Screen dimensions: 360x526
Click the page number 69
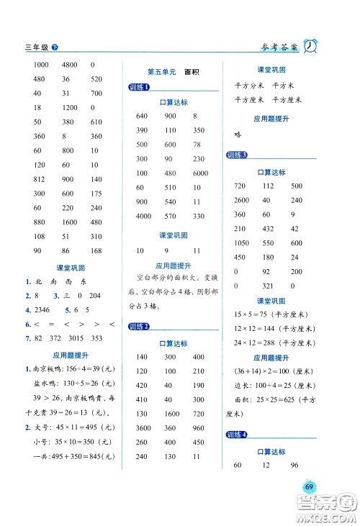309,487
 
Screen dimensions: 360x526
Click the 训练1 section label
138,88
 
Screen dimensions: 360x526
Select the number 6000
200,173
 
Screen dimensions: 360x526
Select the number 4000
143,216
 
